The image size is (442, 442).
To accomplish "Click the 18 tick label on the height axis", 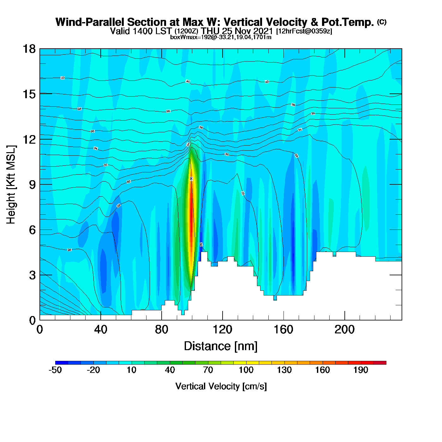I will [x=29, y=49].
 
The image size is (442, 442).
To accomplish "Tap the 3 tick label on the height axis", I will [x=32, y=275].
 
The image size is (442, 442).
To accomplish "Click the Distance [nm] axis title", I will [x=221, y=346].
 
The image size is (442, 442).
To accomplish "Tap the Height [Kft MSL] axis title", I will [x=11, y=185].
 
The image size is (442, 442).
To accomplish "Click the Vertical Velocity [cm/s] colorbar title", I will [x=221, y=386].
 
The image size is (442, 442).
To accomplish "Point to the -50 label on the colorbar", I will [x=55, y=370].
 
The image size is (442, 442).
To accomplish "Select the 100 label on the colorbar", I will [x=246, y=370].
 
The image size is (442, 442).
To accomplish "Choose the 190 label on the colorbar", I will [x=361, y=370].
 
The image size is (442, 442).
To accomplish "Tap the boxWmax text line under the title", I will [x=221, y=37].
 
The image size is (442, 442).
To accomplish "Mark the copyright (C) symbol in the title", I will [x=382, y=22].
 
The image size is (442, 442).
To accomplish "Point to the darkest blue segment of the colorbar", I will [x=62, y=363].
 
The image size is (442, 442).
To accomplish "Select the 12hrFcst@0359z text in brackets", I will [x=304, y=31].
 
